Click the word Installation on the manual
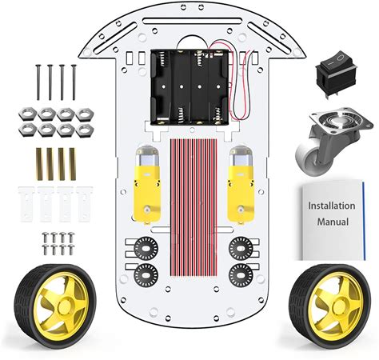[332, 206]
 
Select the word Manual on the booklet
[333, 222]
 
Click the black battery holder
[190, 87]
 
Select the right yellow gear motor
[241, 185]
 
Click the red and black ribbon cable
[193, 207]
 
